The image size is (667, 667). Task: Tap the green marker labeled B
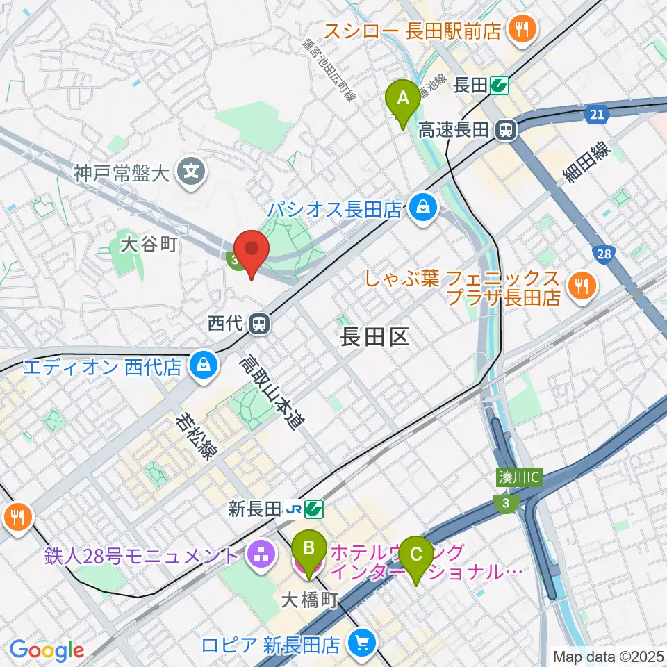pyautogui.click(x=309, y=553)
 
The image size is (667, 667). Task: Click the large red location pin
pyautogui.click(x=252, y=252)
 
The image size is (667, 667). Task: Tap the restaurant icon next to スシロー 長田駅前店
pyautogui.click(x=519, y=29)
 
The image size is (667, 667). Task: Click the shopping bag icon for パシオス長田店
pyautogui.click(x=421, y=207)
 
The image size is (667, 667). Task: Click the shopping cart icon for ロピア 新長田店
pyautogui.click(x=361, y=643)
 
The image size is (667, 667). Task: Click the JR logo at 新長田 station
pyautogui.click(x=293, y=510)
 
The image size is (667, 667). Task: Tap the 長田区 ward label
pyautogui.click(x=375, y=338)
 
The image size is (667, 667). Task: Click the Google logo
pyautogui.click(x=47, y=650)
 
